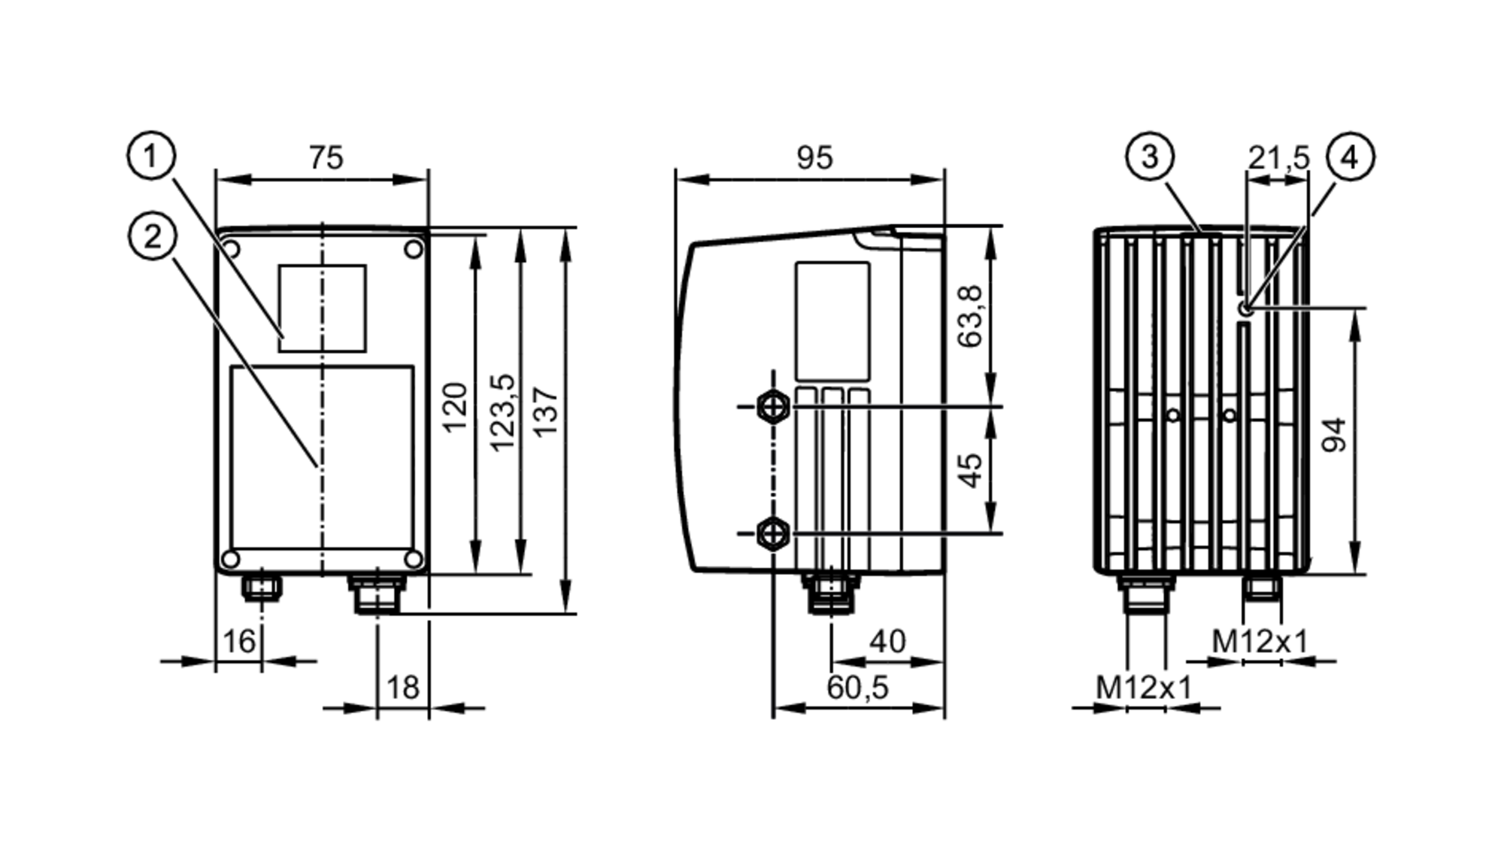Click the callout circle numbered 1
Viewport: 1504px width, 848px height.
point(151,157)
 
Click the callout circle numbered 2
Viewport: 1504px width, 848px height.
point(153,237)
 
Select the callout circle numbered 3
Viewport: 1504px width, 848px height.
point(1150,157)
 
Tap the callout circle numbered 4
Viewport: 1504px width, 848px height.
point(1351,157)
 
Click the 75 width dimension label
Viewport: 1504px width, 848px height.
point(326,158)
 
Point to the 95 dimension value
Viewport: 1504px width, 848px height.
point(814,158)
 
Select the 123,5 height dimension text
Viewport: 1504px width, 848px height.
point(503,412)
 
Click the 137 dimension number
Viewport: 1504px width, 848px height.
point(546,412)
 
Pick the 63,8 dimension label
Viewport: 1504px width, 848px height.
point(970,316)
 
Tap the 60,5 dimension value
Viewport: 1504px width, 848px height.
point(857,687)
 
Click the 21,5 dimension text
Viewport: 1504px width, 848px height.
point(1278,158)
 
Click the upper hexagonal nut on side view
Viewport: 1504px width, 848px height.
point(773,406)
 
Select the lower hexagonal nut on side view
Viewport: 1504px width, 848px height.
point(773,533)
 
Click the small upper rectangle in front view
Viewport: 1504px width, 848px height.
point(322,308)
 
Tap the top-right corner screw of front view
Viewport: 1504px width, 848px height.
point(414,249)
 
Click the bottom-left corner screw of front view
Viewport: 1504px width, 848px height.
point(231,559)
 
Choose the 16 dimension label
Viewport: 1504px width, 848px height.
point(239,641)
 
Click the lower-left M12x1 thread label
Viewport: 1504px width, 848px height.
point(1143,687)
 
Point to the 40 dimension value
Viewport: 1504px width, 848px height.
point(887,641)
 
